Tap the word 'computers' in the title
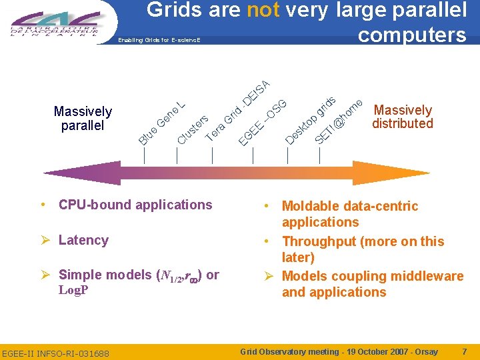pyautogui.click(x=412, y=35)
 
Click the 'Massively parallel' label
pyautogui.click(x=83, y=118)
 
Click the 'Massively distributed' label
pyautogui.click(x=403, y=117)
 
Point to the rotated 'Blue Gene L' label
pyautogui.click(x=162, y=121)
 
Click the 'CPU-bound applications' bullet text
pyautogui.click(x=135, y=205)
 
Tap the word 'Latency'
pyautogui.click(x=83, y=240)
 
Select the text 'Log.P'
pyautogui.click(x=73, y=290)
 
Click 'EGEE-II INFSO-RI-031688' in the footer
pyautogui.click(x=55, y=353)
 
